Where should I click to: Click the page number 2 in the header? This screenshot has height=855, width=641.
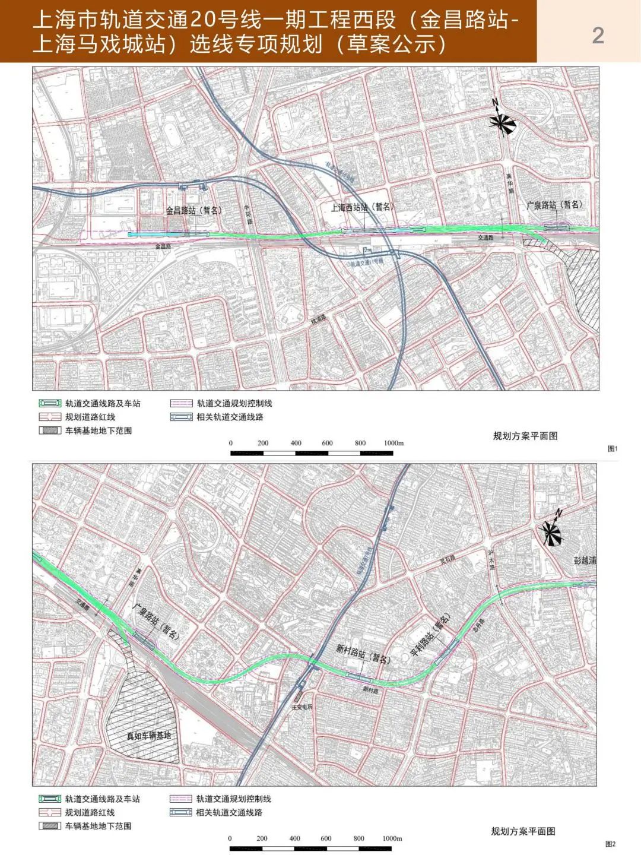pyautogui.click(x=598, y=36)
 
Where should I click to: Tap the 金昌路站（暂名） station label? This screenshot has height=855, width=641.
pyautogui.click(x=193, y=210)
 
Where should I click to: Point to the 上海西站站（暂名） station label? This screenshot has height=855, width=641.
pyautogui.click(x=361, y=207)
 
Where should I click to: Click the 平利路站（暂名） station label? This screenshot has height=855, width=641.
pyautogui.click(x=431, y=635)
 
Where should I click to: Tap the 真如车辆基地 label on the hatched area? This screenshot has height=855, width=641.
pyautogui.click(x=148, y=736)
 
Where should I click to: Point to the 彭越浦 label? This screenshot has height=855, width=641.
pyautogui.click(x=585, y=560)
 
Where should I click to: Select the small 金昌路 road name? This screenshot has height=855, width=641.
pyautogui.click(x=163, y=245)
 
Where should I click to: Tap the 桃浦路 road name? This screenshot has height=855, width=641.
pyautogui.click(x=319, y=319)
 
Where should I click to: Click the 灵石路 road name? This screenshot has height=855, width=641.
pyautogui.click(x=447, y=559)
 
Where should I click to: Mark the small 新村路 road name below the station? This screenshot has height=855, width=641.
pyautogui.click(x=370, y=691)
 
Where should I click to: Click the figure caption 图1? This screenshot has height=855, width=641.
pyautogui.click(x=613, y=449)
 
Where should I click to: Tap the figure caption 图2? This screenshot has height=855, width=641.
pyautogui.click(x=610, y=844)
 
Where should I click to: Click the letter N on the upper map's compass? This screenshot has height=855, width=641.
pyautogui.click(x=495, y=103)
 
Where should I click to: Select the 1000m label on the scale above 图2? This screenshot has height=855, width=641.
pyautogui.click(x=392, y=838)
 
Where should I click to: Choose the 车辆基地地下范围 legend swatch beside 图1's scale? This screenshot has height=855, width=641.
pyautogui.click(x=50, y=430)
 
